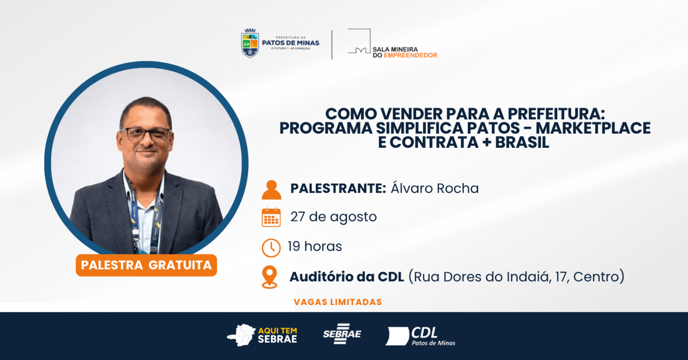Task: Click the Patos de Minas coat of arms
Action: click(x=250, y=43)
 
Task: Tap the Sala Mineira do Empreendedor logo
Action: click(x=392, y=44)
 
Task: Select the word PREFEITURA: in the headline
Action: click(x=556, y=114)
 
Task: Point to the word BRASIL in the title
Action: click(x=522, y=142)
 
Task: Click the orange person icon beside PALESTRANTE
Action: click(x=271, y=190)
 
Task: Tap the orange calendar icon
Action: click(x=271, y=217)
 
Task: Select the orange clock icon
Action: click(x=271, y=248)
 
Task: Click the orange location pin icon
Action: click(x=269, y=277)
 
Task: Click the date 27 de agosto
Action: click(x=334, y=217)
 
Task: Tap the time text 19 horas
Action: click(x=315, y=247)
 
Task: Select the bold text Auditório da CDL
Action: click(x=347, y=277)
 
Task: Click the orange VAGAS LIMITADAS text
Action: click(x=338, y=302)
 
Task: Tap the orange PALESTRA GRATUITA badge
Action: click(x=146, y=265)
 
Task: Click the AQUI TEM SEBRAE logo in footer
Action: click(x=262, y=335)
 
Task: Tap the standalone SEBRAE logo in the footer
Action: click(x=342, y=333)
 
